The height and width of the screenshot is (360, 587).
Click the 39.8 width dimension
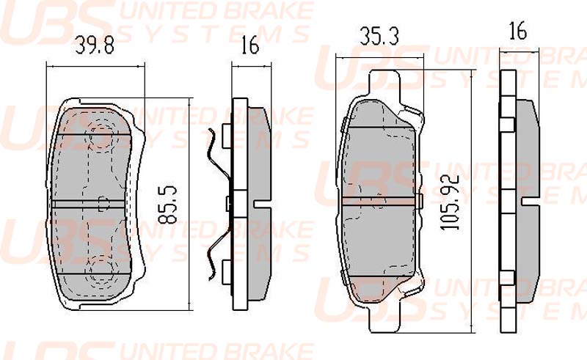point(95,45)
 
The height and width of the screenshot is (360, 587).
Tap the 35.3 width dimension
point(379,37)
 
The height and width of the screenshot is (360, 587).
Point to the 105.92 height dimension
point(450,202)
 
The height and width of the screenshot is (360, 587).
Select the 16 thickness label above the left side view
point(249,45)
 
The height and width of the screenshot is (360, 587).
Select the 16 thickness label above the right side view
point(518,31)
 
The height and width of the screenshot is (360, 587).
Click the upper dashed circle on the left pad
point(101,135)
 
